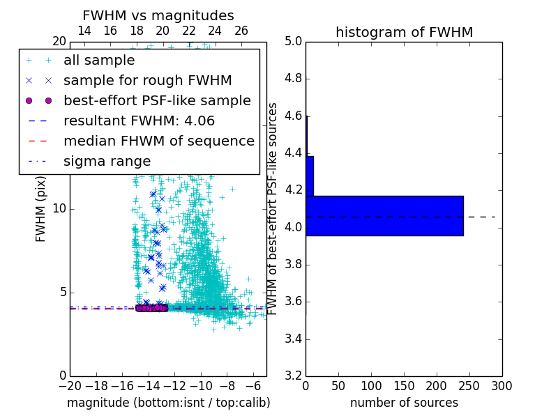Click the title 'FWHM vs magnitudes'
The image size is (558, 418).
click(158, 15)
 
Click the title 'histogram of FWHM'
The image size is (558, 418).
click(404, 32)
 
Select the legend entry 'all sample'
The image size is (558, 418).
click(99, 61)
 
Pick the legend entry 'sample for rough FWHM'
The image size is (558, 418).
click(147, 80)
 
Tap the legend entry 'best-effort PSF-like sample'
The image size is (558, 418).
click(157, 100)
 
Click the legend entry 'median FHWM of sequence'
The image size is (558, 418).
click(158, 141)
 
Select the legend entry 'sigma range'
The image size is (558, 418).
click(107, 161)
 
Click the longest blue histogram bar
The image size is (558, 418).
click(384, 215)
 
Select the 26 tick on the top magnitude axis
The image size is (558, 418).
click(241, 31)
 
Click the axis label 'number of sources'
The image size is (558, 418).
click(404, 403)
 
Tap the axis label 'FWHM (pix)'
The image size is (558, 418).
click(41, 208)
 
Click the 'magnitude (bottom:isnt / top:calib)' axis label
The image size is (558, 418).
click(168, 403)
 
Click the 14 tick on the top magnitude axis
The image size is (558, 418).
click(84, 31)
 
